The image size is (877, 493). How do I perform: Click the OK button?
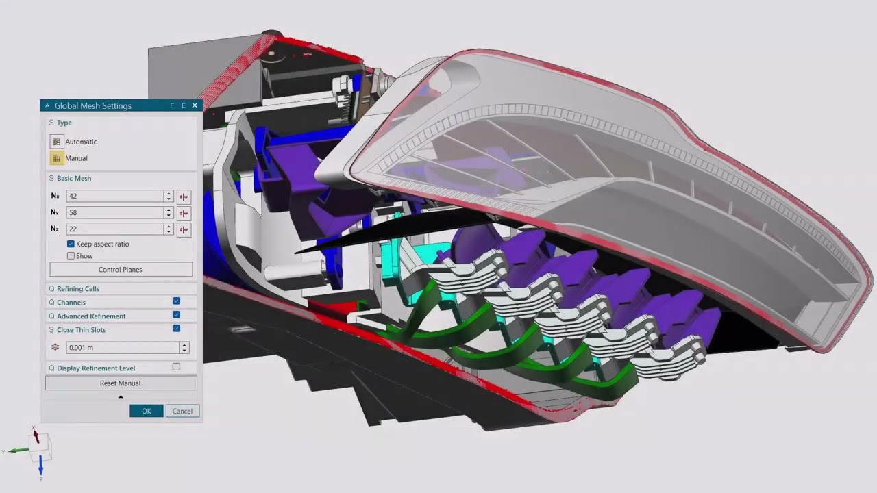[146, 411]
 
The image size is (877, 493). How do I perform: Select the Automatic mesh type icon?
[56, 142]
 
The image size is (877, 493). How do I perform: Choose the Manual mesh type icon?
[56, 158]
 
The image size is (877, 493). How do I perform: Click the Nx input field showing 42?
[114, 196]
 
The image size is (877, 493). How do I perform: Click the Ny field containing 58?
[114, 213]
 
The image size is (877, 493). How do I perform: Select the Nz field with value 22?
[114, 229]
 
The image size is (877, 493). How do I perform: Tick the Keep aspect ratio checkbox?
[71, 244]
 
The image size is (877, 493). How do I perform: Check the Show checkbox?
[71, 256]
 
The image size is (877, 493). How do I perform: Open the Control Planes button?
[121, 270]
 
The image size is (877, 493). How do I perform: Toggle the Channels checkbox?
[176, 301]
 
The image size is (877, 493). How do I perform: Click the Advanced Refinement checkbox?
[176, 315]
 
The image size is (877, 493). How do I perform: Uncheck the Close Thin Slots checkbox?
[176, 329]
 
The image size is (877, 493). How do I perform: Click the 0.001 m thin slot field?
[122, 348]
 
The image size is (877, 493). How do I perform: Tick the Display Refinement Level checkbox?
[176, 367]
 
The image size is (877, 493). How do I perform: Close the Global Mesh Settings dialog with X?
[195, 105]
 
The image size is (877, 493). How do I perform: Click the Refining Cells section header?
[78, 289]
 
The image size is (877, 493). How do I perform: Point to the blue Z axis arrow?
[40, 466]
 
